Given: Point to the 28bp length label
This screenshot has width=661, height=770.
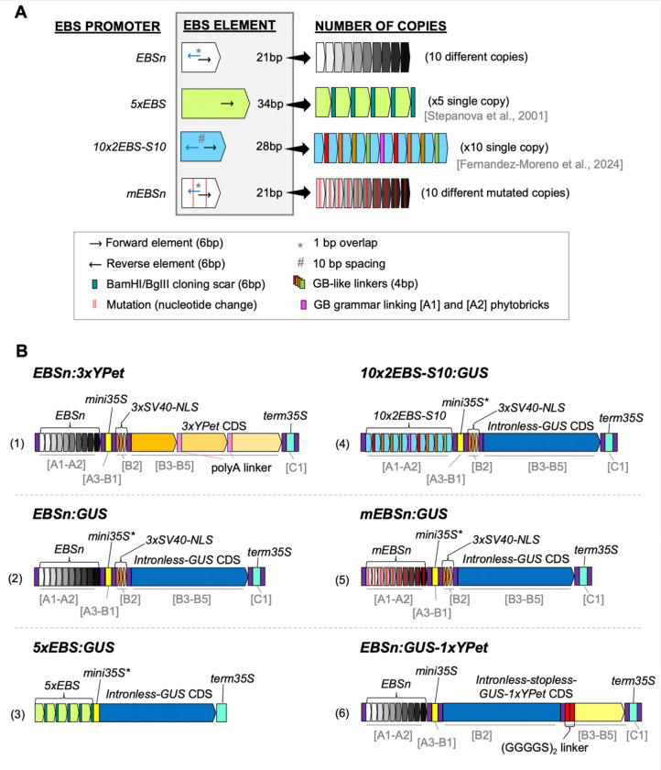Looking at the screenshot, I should pos(269,147).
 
